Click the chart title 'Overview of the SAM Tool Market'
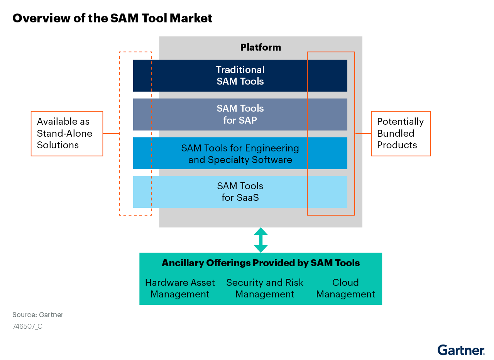pyautogui.click(x=112, y=18)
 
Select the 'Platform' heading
pyautogui.click(x=261, y=48)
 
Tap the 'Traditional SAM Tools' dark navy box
pyautogui.click(x=240, y=76)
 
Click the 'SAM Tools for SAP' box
pyautogui.click(x=240, y=114)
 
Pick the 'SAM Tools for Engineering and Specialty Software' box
pyautogui.click(x=240, y=153)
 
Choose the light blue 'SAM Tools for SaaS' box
pyautogui.click(x=240, y=192)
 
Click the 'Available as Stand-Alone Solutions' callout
pyautogui.click(x=67, y=134)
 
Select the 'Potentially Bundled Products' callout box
pyautogui.click(x=401, y=134)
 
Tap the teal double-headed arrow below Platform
pyautogui.click(x=261, y=240)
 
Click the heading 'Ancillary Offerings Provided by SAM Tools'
pyautogui.click(x=261, y=263)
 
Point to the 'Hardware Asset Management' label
pyautogui.click(x=180, y=289)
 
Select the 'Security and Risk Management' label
pyautogui.click(x=265, y=289)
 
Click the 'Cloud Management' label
pyautogui.click(x=345, y=289)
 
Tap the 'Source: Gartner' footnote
pyautogui.click(x=38, y=315)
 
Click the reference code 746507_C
pyautogui.click(x=27, y=326)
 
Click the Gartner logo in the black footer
pyautogui.click(x=461, y=350)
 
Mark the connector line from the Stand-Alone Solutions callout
pyautogui.click(x=111, y=134)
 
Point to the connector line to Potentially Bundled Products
pyautogui.click(x=363, y=134)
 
